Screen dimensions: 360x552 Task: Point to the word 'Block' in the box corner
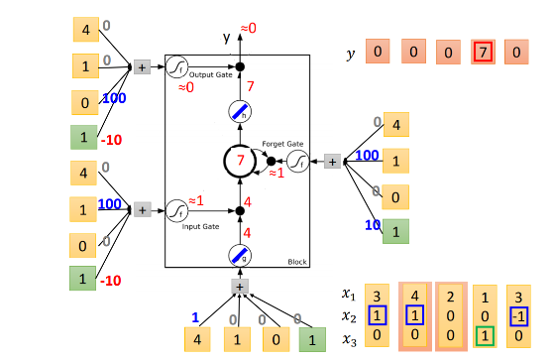tap(296, 262)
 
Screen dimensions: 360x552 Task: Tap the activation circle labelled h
tap(239, 114)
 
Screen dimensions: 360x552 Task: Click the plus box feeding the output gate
tap(141, 66)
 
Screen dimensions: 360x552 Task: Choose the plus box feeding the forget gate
tap(333, 161)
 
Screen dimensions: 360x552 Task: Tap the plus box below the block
tap(239, 286)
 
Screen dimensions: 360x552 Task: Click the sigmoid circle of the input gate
tap(176, 210)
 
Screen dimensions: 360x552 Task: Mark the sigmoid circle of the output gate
tap(176, 66)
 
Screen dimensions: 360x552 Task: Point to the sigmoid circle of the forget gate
tap(300, 160)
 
